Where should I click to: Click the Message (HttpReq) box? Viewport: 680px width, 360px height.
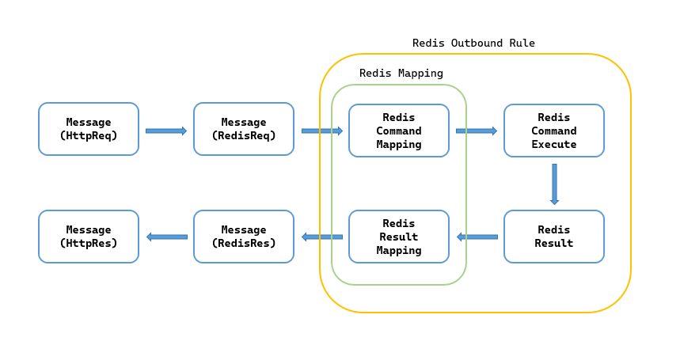click(x=89, y=129)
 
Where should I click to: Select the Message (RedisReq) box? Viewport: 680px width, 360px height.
click(x=244, y=129)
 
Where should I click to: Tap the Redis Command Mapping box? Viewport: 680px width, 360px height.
click(x=399, y=131)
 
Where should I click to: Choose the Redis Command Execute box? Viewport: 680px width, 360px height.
click(x=554, y=131)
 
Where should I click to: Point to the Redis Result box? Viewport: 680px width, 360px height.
click(x=554, y=237)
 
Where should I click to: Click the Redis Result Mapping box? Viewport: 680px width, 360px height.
click(x=399, y=237)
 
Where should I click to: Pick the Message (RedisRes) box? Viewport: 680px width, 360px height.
click(x=244, y=237)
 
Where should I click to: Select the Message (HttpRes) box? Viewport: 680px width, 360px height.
click(x=89, y=237)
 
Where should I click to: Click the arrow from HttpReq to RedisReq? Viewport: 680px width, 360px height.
click(x=166, y=131)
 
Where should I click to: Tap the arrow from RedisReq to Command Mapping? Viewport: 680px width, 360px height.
click(x=321, y=131)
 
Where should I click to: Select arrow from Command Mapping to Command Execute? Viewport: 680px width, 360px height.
click(x=477, y=131)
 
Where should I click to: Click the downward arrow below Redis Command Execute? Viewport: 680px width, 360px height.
click(x=554, y=184)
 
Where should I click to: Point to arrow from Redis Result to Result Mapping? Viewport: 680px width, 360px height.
click(x=477, y=237)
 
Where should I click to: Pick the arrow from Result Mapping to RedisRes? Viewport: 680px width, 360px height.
click(x=322, y=237)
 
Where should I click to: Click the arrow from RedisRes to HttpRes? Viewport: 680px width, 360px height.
click(x=167, y=237)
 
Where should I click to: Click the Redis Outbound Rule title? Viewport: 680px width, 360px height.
click(x=473, y=43)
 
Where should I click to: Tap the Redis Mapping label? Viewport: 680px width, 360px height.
click(x=401, y=73)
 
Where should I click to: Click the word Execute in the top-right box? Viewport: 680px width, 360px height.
click(x=554, y=144)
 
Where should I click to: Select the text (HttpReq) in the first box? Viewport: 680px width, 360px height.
click(x=89, y=135)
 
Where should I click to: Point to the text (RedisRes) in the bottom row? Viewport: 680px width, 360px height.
click(x=244, y=243)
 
